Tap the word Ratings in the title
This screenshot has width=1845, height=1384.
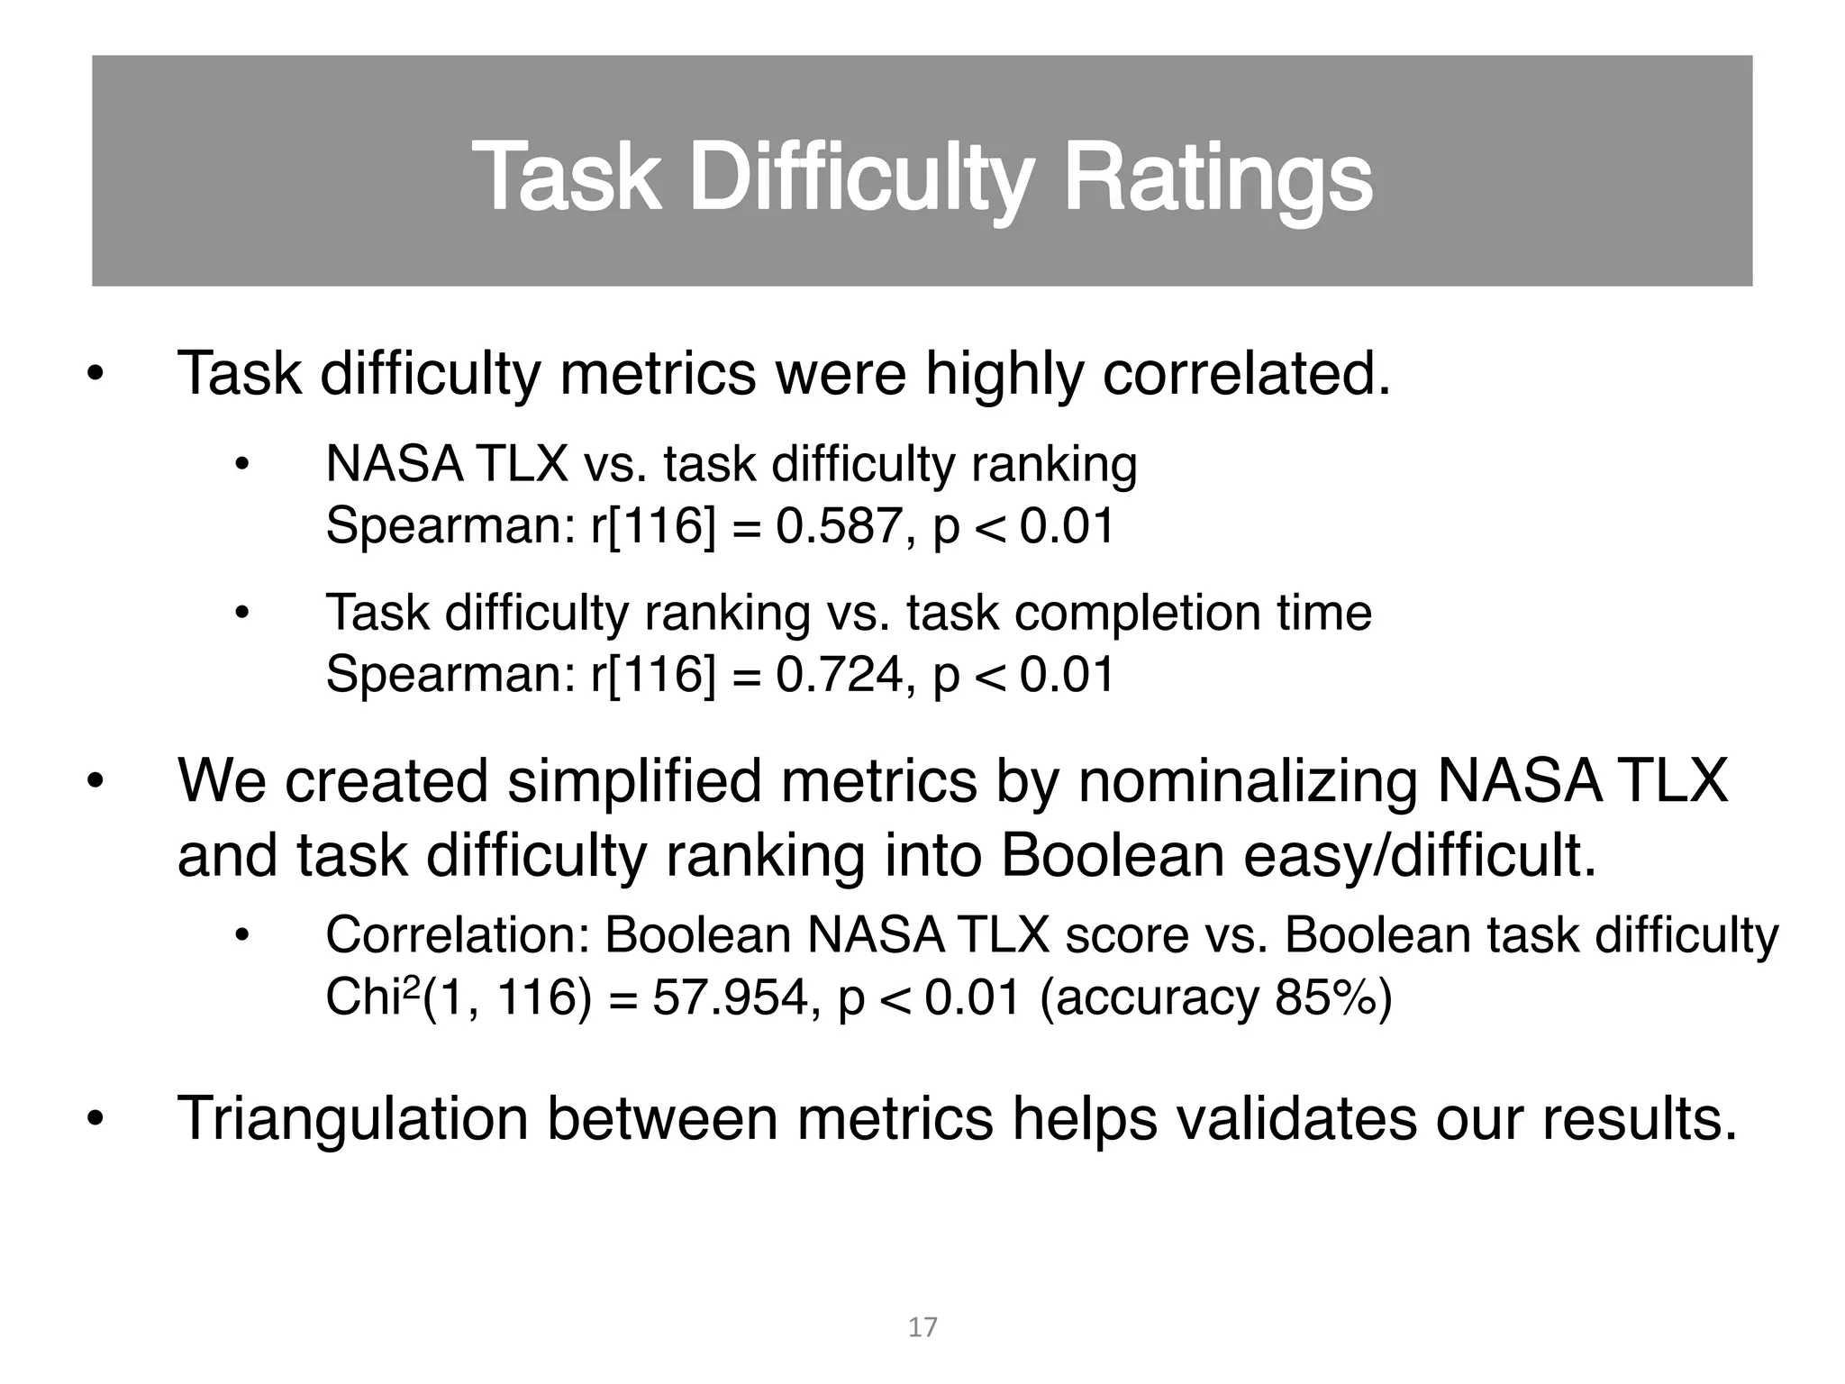pyautogui.click(x=1218, y=178)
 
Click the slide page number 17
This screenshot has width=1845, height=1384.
pyautogui.click(x=922, y=1327)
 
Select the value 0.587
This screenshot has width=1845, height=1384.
pyautogui.click(x=839, y=525)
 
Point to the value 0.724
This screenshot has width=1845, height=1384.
pyautogui.click(x=839, y=674)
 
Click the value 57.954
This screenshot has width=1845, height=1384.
pyautogui.click(x=735, y=997)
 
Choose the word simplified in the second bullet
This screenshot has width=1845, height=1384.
pyautogui.click(x=635, y=780)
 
